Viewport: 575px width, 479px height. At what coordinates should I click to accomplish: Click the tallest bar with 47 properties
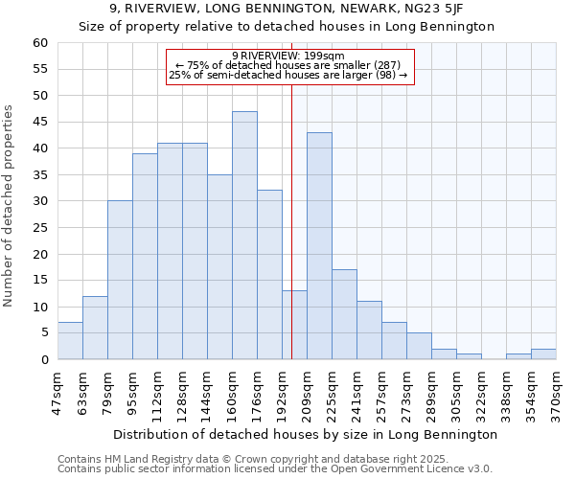tap(244, 236)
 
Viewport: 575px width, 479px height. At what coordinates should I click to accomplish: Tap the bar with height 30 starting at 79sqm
tap(120, 280)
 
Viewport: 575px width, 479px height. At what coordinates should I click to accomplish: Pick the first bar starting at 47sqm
tap(70, 341)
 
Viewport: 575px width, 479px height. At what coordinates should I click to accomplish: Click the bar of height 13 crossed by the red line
tap(294, 325)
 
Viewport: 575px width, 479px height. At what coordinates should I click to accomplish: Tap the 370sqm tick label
tap(557, 390)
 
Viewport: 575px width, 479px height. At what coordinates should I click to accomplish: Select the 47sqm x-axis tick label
tap(58, 390)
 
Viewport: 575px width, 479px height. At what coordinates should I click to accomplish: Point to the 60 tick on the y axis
tap(39, 43)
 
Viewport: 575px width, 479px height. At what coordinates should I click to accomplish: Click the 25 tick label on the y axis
tap(39, 228)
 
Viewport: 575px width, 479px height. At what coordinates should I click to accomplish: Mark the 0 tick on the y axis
tap(43, 360)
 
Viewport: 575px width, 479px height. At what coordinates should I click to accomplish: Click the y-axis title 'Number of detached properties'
tap(11, 206)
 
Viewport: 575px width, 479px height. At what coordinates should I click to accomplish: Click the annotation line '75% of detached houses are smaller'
tap(293, 65)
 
